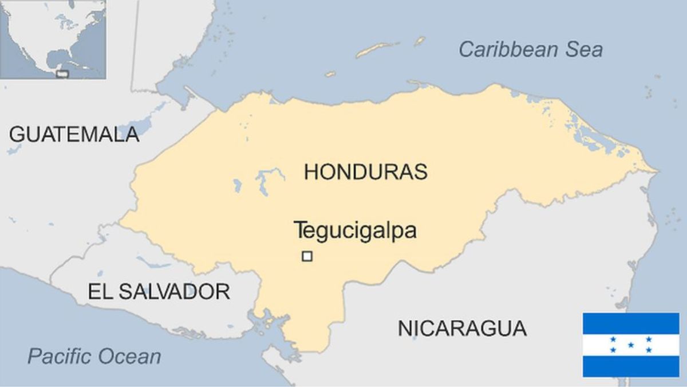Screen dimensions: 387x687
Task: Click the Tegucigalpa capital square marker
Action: coord(307,257)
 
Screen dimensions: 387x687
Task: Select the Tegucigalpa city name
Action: coord(355,230)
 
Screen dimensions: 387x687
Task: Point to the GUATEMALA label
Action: coord(74,134)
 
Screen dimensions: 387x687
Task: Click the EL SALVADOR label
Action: coord(159,291)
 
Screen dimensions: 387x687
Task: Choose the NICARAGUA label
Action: coord(462,329)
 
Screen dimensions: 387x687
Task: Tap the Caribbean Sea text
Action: coord(530,49)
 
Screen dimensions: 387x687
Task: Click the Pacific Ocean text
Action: coord(94,357)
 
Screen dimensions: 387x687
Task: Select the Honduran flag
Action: coord(631,345)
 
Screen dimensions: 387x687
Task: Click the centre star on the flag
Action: coord(631,345)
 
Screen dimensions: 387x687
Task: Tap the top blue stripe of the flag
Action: coord(631,323)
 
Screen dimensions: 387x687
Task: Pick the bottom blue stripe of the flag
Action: coord(631,366)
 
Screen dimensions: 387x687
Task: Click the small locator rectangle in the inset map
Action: coord(63,74)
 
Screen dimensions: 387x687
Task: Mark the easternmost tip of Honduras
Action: coord(657,170)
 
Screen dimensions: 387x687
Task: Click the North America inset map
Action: coord(53,39)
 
